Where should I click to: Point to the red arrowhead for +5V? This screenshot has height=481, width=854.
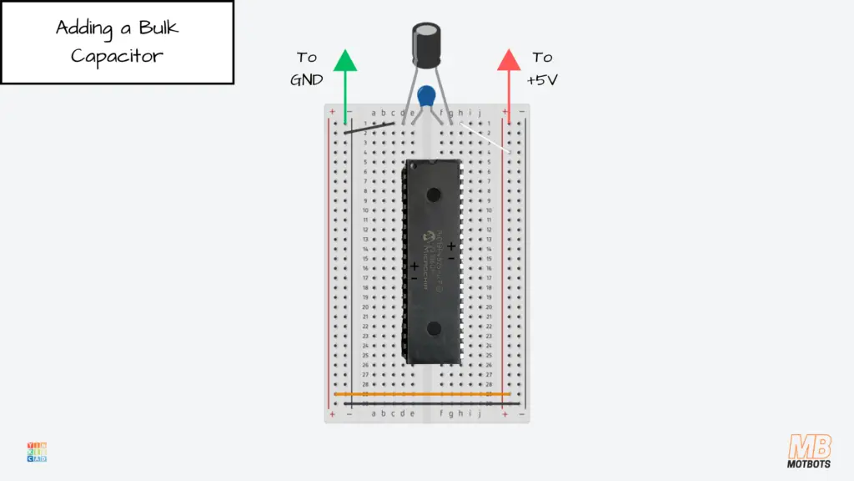click(x=509, y=61)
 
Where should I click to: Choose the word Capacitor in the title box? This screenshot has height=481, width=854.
click(x=117, y=56)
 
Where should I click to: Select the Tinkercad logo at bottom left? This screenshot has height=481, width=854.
click(x=37, y=452)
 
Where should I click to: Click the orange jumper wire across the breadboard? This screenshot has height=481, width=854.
click(x=422, y=393)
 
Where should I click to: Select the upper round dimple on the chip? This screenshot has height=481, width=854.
click(x=433, y=195)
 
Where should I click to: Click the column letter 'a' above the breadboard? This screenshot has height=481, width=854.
click(x=374, y=113)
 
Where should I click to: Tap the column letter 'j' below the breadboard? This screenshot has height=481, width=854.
click(x=479, y=413)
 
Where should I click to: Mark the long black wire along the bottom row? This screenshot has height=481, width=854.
click(x=422, y=403)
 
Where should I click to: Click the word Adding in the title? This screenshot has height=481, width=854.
click(x=83, y=28)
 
